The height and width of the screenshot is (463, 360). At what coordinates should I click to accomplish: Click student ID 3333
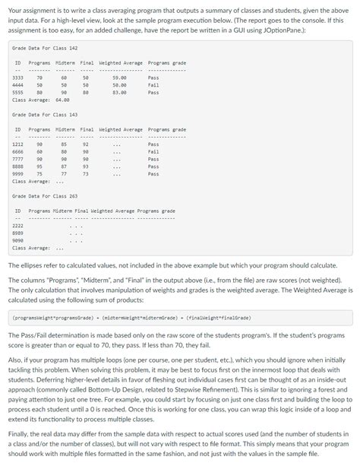(x=17, y=78)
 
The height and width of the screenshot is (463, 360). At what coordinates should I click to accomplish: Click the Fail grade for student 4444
(x=153, y=85)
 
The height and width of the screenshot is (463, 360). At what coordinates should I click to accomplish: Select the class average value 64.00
(x=62, y=100)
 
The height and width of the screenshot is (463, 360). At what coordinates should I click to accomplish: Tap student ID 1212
(x=17, y=144)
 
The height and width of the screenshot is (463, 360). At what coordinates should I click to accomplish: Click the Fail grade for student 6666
(x=153, y=151)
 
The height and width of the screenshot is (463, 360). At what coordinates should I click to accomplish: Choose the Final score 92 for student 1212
(x=86, y=144)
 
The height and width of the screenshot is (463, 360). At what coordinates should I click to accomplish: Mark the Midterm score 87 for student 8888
(x=65, y=166)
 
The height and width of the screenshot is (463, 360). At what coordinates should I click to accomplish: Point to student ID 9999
(x=17, y=173)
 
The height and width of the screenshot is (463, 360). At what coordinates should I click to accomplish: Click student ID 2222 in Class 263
(x=17, y=226)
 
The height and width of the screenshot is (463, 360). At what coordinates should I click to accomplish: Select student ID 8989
(x=17, y=233)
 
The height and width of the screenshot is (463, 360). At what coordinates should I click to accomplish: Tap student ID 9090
(x=17, y=240)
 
